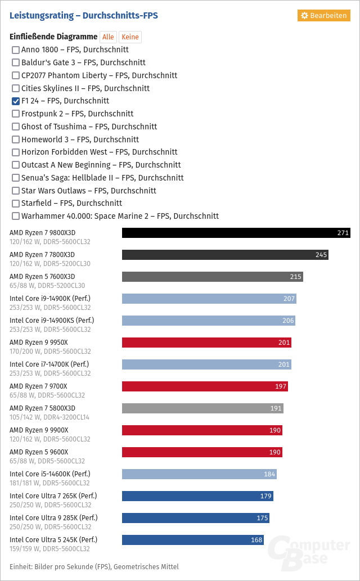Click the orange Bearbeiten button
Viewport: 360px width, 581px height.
(x=324, y=15)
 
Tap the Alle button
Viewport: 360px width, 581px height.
(x=108, y=37)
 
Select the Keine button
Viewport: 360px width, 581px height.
(x=130, y=37)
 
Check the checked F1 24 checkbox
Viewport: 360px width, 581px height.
(x=16, y=101)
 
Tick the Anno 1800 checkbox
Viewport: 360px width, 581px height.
(x=16, y=50)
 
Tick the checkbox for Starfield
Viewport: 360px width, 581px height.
(x=16, y=204)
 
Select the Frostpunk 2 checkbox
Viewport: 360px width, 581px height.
(x=16, y=114)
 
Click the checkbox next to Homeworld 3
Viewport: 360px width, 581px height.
(x=16, y=139)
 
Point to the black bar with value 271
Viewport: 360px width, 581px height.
(x=236, y=233)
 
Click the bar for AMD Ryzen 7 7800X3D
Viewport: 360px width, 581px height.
(x=225, y=255)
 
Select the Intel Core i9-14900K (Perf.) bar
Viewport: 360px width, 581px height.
(x=209, y=299)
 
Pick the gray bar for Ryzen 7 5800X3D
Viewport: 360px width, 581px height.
(x=202, y=408)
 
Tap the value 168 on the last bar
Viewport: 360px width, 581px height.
(x=256, y=541)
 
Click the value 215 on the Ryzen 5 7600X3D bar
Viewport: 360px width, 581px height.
(x=295, y=277)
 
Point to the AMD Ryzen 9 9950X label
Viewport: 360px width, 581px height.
(x=39, y=343)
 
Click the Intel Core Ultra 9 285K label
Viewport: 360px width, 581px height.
(x=53, y=518)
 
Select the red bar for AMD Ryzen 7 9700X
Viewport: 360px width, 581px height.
(x=205, y=386)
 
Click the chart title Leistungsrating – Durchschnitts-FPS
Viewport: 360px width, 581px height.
(x=84, y=16)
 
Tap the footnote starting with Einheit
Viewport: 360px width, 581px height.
(x=94, y=566)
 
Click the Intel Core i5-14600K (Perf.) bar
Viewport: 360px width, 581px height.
(x=199, y=474)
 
